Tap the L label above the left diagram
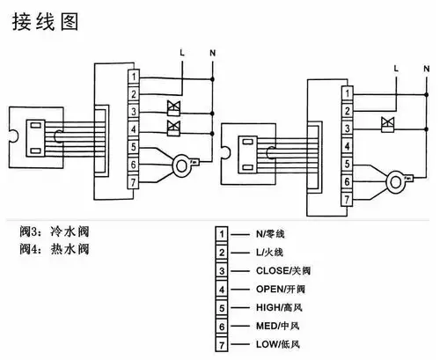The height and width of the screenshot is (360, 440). [x=182, y=55]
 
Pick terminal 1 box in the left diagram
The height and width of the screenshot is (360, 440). [x=133, y=78]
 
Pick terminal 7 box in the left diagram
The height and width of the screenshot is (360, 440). [x=133, y=180]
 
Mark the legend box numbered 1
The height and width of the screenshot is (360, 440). [x=224, y=234]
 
